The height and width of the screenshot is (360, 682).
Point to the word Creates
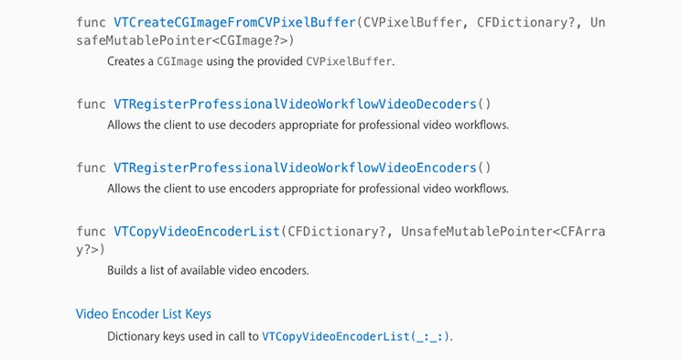[127, 60]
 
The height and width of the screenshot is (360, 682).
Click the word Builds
[124, 272]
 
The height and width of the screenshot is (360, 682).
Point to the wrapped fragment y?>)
[91, 249]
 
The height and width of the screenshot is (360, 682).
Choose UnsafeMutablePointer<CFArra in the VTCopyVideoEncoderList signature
[503, 230]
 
